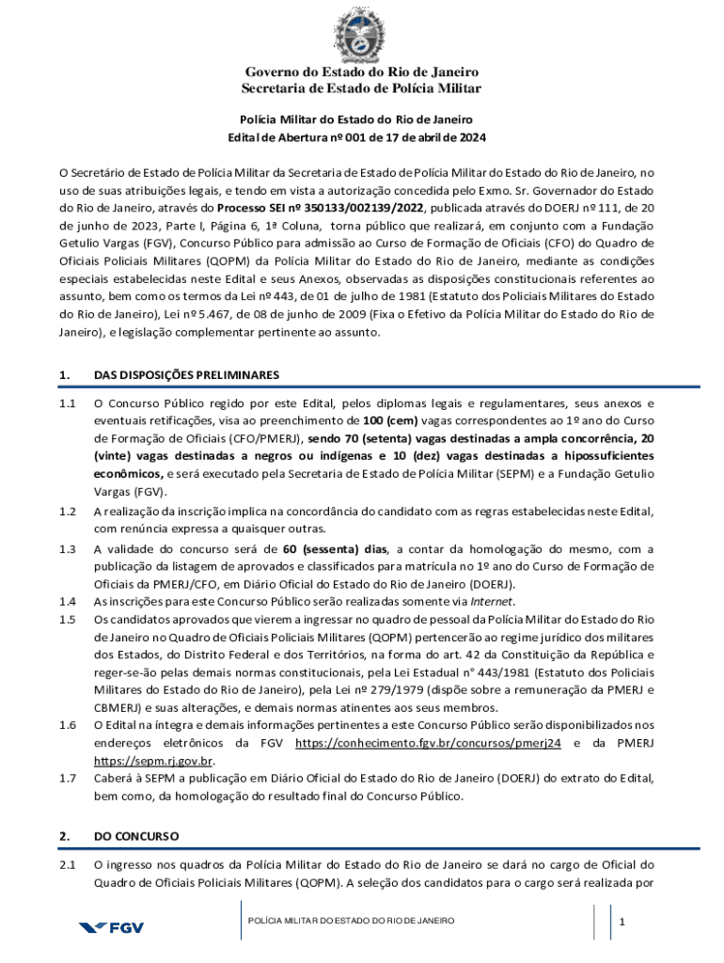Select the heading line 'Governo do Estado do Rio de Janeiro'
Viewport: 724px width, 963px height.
362,72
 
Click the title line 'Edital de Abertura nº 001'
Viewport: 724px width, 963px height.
357,138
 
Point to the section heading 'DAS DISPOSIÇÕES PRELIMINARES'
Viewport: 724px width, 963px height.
186,375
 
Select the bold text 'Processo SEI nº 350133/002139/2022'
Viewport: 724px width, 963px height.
321,208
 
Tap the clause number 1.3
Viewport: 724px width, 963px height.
67,549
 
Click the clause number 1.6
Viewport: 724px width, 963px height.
67,725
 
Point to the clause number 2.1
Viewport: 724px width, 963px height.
67,864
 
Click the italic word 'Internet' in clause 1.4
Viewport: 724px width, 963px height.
493,602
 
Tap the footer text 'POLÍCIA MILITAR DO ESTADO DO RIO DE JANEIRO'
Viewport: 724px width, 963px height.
352,920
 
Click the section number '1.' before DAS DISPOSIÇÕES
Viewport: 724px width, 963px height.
64,375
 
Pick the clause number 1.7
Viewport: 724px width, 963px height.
67,778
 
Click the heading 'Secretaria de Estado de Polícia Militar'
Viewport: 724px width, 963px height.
362,88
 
